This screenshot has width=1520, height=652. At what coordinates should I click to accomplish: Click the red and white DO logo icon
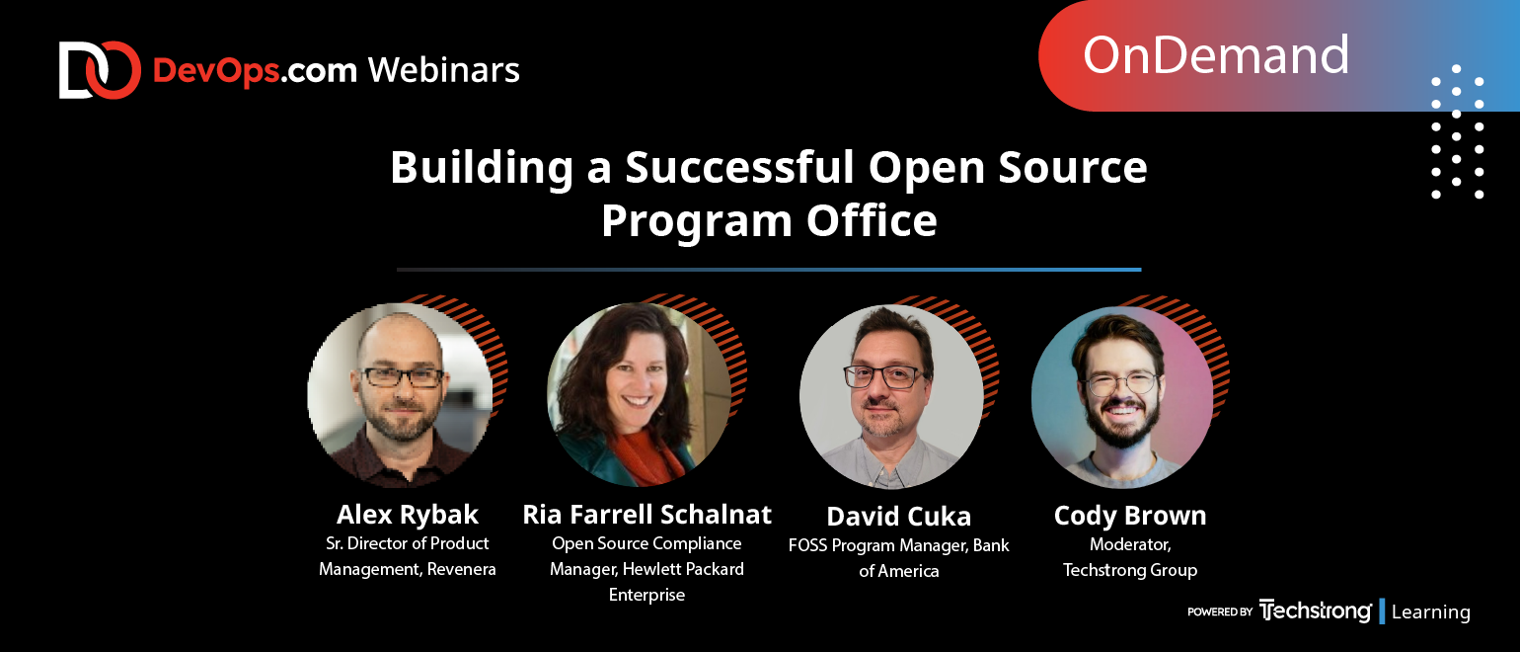(100, 70)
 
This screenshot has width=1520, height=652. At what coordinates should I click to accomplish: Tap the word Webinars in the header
(444, 70)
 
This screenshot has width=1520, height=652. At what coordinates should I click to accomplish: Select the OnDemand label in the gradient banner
(1215, 55)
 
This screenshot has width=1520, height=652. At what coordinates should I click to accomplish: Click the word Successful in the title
(739, 167)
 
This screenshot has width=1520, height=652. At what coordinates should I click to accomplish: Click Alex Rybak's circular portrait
(401, 395)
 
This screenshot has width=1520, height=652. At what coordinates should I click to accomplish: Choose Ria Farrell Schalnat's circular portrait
(640, 394)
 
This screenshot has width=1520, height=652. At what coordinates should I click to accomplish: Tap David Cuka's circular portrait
(891, 397)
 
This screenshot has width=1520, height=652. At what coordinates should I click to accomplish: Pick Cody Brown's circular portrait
(1122, 397)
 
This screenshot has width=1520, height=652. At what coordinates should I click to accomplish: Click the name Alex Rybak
(407, 515)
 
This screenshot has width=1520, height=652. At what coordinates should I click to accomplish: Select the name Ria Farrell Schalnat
(646, 515)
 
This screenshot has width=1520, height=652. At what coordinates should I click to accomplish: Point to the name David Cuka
(898, 517)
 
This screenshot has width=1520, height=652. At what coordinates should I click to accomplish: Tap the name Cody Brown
(1130, 516)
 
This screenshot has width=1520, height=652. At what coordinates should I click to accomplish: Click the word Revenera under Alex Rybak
(462, 569)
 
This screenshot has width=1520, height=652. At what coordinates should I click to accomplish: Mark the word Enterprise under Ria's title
(646, 595)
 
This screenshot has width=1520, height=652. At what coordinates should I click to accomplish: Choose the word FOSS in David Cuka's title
(807, 545)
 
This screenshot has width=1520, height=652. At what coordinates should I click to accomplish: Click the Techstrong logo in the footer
(1315, 611)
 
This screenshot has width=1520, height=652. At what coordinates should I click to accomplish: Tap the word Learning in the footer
(1430, 611)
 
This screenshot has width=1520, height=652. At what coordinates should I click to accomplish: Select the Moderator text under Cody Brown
(1130, 544)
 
